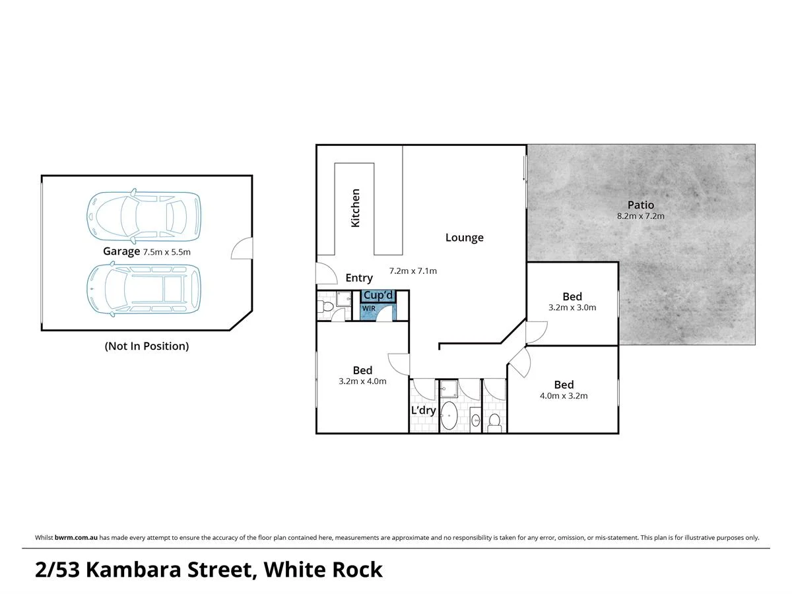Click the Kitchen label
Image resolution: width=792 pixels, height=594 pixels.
(356, 209)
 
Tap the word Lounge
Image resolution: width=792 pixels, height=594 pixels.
(464, 238)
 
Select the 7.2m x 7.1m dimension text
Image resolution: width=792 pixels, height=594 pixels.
(413, 271)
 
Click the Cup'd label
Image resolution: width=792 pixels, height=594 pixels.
(378, 296)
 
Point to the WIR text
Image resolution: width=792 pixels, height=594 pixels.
(368, 308)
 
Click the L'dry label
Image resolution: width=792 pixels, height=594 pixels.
(423, 411)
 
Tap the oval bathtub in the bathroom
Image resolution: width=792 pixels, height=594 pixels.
(449, 416)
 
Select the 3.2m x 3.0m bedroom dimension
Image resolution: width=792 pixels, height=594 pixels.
(572, 308)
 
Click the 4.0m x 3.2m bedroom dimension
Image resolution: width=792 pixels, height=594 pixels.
(564, 396)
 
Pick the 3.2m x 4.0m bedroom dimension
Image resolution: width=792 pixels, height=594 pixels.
(362, 381)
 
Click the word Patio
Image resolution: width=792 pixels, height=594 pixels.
(640, 205)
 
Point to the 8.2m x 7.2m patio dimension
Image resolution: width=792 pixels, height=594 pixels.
(640, 216)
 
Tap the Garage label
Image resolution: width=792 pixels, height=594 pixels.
(121, 251)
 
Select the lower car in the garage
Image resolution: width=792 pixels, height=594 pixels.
(144, 288)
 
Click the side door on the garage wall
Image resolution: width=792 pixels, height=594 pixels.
(243, 249)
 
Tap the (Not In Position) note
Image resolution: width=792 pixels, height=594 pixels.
(147, 346)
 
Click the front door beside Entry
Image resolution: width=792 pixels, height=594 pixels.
(324, 273)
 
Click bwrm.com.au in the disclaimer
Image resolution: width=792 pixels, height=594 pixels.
(76, 538)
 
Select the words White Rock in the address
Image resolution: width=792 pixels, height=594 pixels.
(323, 570)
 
